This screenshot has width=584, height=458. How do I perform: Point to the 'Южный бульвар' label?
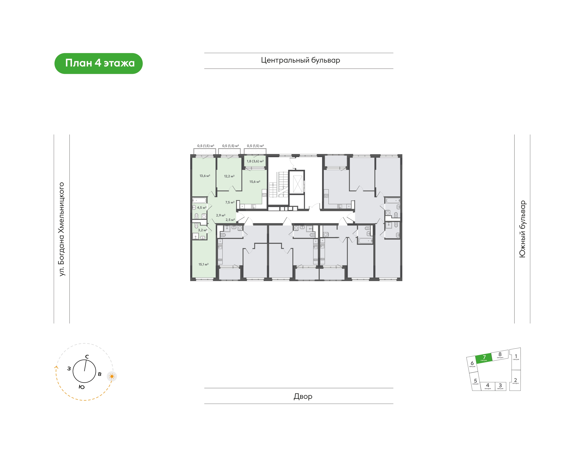click(522, 229)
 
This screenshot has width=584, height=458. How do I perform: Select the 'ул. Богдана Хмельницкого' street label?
click(62, 229)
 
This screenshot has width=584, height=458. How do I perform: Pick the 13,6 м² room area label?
click(205, 176)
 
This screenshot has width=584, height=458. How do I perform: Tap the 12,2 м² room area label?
click(229, 176)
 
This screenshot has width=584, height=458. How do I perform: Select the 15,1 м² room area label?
click(203, 264)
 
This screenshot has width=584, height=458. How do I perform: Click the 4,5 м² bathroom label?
click(202, 208)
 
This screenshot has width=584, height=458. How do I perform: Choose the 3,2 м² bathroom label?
click(203, 230)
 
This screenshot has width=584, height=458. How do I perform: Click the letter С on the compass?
click(87, 357)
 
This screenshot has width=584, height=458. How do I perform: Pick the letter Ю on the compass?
click(82, 387)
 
